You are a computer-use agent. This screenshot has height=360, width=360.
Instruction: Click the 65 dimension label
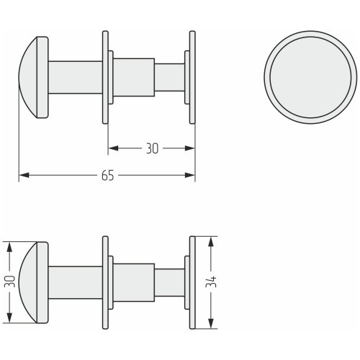click(107, 176)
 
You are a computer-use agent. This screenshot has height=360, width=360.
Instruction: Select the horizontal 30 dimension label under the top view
click(152, 148)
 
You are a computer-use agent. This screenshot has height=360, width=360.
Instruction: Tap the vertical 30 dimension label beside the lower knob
click(10, 282)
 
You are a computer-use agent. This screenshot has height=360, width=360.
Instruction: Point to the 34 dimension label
click(211, 282)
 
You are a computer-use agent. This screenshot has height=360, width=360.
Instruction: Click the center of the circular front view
click(310, 77)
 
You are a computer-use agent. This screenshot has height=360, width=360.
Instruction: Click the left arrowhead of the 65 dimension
click(24, 175)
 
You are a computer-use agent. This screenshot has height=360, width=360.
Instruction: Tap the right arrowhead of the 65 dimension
click(190, 175)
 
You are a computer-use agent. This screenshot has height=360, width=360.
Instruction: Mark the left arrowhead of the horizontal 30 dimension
click(113, 148)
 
